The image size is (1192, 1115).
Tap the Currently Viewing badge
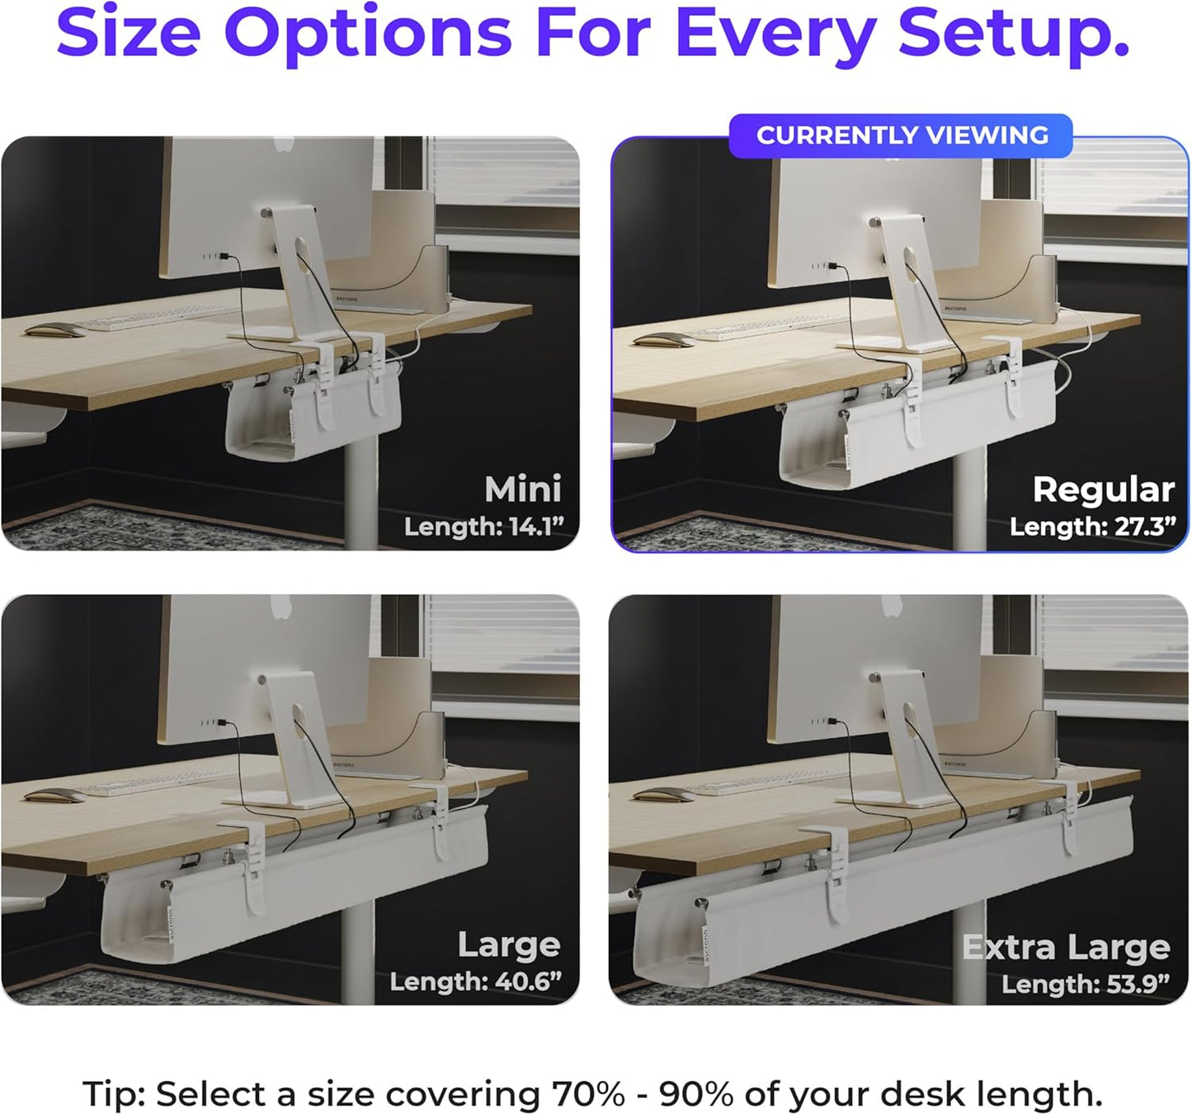click(x=902, y=135)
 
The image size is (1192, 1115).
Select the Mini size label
click(x=522, y=489)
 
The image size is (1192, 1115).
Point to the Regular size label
click(x=1103, y=489)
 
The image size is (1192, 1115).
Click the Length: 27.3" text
click(x=1092, y=527)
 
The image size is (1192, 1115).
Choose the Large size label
click(x=509, y=944)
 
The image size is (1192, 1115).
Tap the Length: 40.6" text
click(x=475, y=981)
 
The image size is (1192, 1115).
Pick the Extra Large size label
click(x=1066, y=947)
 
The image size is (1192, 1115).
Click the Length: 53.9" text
click(x=1085, y=984)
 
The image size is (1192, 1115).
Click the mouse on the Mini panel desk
click(x=54, y=330)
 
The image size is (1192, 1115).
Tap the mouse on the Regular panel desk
click(x=663, y=339)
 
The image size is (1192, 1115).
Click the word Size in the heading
click(x=128, y=33)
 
